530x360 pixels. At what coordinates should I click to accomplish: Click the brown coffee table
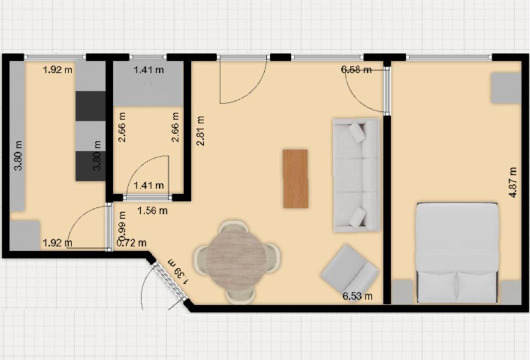coord(296,178)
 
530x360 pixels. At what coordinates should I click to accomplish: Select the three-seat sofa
coord(356,175)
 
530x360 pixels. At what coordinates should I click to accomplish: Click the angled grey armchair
coord(349,270)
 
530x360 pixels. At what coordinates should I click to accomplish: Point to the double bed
coord(457,252)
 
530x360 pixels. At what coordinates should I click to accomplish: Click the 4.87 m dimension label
coord(513,182)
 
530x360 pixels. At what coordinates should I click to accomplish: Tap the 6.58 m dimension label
coord(356,70)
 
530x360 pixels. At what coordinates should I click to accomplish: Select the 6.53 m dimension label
coord(358,296)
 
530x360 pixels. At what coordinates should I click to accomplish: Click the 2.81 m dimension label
coord(201,130)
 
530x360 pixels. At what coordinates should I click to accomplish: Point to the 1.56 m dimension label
coord(153,210)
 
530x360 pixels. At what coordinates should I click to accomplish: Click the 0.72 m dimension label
coord(132,242)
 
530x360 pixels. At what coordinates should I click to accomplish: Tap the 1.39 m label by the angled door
coord(178,272)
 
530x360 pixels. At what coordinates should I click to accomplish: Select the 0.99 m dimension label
coord(122,224)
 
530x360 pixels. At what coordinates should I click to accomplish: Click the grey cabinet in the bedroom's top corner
coord(505,88)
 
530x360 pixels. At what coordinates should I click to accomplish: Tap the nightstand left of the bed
coord(402,292)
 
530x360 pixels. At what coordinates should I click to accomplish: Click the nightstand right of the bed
coord(511,292)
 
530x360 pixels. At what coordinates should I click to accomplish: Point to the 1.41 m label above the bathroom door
coord(149,185)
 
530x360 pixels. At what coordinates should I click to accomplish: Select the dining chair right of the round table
coord(273,258)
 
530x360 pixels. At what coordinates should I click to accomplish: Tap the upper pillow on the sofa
coord(357,132)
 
